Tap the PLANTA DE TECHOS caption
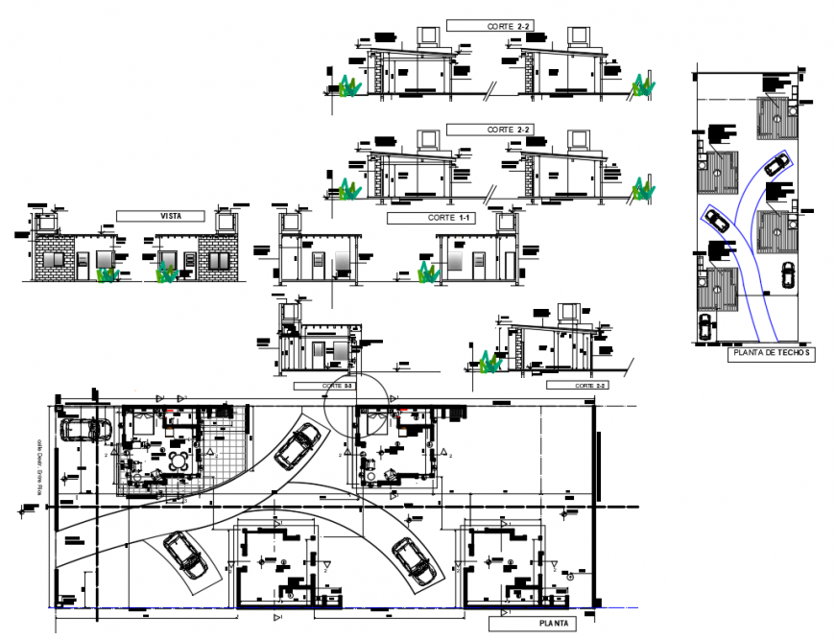click(771, 353)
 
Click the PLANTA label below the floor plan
click(552, 623)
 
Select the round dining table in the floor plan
click(177, 461)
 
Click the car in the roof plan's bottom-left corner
click(705, 327)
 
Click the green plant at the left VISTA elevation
click(107, 274)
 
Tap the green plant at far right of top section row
click(643, 87)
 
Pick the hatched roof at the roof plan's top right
click(775, 117)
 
